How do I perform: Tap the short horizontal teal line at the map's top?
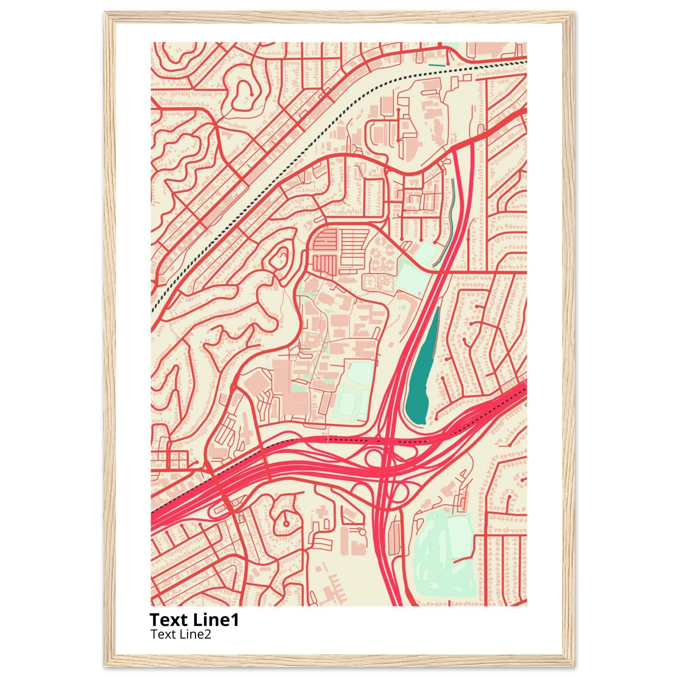click(437, 65)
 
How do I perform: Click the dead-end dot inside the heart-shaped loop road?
click(252, 94)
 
